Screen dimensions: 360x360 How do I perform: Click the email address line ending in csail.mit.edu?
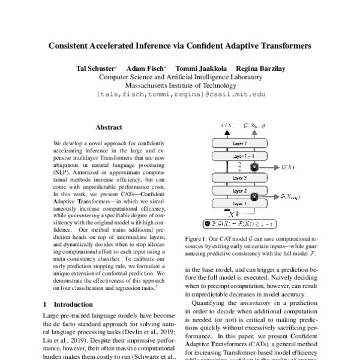[180, 94]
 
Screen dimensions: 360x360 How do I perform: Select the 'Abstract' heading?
[109, 127]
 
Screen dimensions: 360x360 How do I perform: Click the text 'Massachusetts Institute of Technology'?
[180, 86]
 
